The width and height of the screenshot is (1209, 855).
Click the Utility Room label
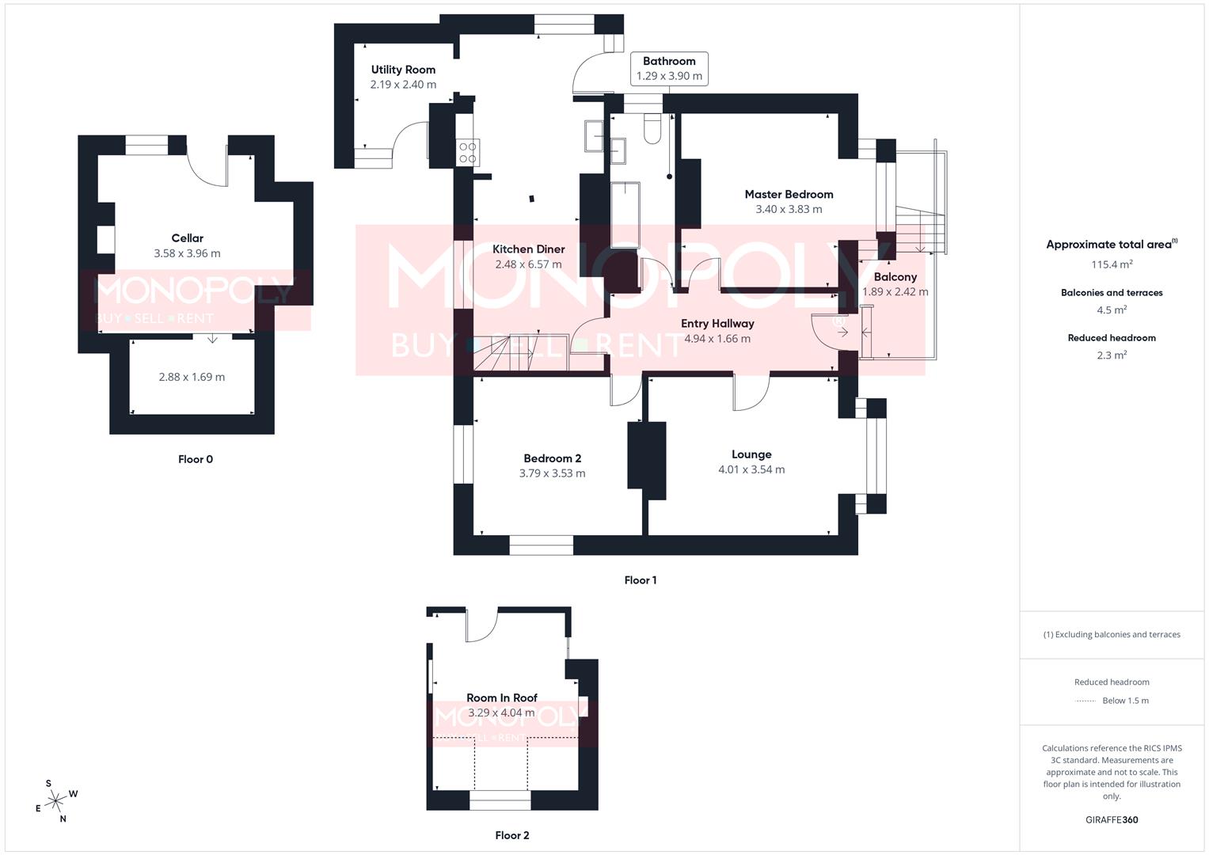(403, 70)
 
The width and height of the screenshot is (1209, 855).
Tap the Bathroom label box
(669, 68)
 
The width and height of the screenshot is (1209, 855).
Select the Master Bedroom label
(789, 194)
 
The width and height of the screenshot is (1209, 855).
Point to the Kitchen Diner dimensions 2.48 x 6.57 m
(528, 264)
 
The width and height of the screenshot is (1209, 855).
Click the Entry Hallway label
(717, 323)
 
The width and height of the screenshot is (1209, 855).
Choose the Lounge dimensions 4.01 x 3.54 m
(751, 469)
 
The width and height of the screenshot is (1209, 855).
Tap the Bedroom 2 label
(552, 458)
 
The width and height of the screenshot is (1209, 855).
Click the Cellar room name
(187, 238)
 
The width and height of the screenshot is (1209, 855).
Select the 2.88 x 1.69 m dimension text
(192, 377)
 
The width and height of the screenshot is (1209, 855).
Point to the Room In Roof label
(501, 697)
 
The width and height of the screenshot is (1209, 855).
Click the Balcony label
(895, 277)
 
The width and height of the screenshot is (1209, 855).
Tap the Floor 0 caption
(196, 459)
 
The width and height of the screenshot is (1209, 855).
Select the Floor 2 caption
(512, 835)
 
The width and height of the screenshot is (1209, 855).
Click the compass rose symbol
(55, 802)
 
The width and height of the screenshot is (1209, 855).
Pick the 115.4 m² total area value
(1112, 264)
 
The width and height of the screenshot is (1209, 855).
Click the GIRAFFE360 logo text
(1112, 820)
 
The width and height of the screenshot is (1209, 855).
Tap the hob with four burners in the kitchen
(467, 152)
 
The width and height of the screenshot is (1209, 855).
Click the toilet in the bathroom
(652, 128)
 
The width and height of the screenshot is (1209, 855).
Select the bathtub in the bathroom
(625, 215)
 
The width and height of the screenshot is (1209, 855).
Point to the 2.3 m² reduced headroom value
(1112, 355)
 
